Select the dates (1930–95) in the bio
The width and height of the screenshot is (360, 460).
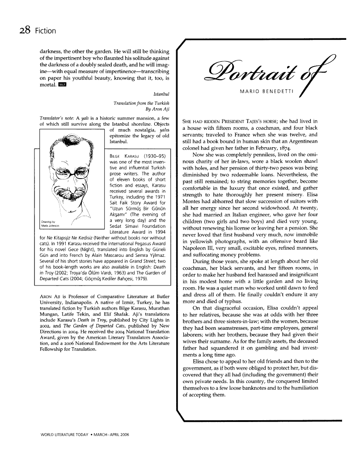(x=153, y=155)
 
